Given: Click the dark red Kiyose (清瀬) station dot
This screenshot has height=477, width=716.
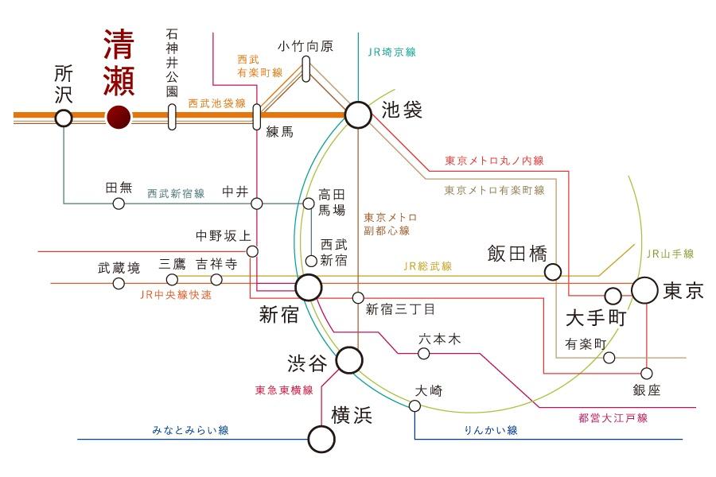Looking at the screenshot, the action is point(119,118).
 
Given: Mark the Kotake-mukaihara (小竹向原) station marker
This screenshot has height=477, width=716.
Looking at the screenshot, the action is point(306,69).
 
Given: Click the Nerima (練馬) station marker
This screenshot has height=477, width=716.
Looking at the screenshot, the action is point(257,117).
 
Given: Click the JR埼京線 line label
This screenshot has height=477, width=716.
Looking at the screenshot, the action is point(392,52).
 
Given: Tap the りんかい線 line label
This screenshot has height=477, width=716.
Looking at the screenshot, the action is point(492,430).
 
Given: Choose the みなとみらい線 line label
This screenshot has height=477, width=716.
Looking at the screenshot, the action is point(190,430).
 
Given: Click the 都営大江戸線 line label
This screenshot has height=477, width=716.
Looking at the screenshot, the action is point(613,417).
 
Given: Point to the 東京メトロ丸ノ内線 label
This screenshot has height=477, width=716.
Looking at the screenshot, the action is point(495,161).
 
